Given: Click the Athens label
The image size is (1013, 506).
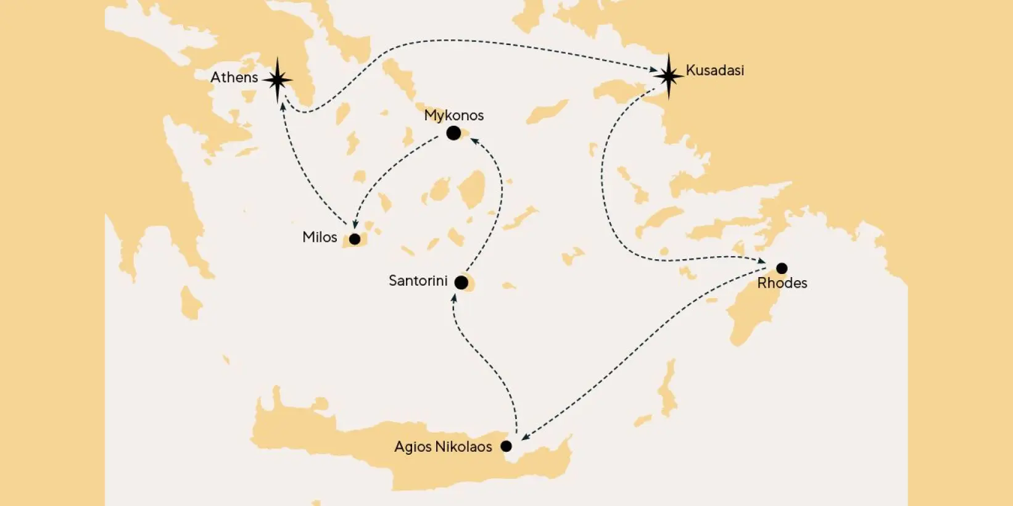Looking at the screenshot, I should pos(234,78).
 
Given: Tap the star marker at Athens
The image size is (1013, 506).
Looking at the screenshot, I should pos(278,80).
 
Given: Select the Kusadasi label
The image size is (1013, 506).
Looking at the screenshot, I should pos(714,70).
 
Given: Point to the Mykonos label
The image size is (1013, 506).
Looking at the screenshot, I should pos(453,115).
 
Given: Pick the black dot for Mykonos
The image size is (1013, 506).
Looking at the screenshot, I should pos(453,133).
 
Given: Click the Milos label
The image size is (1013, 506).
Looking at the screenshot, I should pos(320,238).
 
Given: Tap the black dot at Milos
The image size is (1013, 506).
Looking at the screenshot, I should pos(355,239).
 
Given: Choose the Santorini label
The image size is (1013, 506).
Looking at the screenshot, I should pos(418,281).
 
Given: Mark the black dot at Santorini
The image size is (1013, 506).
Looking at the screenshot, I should pos(461,283).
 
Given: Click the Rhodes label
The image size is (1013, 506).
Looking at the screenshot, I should pos(782,283).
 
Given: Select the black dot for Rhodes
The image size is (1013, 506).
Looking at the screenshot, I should pos(782,268).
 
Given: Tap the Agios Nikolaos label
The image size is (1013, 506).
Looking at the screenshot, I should pos(443,447).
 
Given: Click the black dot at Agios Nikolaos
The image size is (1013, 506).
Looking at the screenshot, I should pos(506,446).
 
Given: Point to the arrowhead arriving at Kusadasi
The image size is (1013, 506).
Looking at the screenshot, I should pos(653,70).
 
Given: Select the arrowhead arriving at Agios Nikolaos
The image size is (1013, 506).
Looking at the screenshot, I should pos(525,438).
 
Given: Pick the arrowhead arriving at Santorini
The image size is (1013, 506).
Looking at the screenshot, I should pos(454,298).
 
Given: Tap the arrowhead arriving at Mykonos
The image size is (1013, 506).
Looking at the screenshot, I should pos(474,141).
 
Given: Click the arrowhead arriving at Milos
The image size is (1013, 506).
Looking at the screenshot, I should pos(355,225).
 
